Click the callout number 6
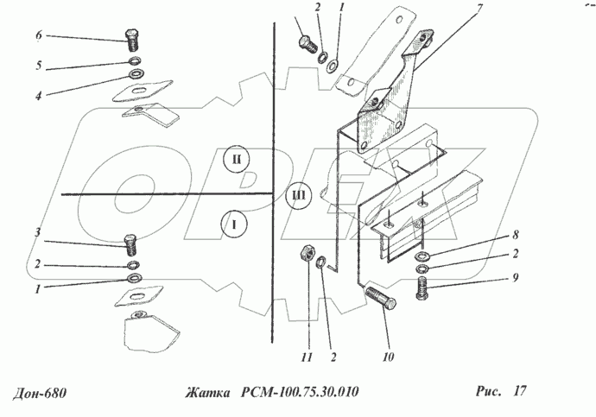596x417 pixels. coord(39,35)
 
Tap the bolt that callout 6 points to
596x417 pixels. coord(131,40)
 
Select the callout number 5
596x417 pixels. coord(38,66)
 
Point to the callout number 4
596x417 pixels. coord(38,95)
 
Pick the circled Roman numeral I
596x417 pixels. coord(234,224)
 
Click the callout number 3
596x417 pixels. coord(38,233)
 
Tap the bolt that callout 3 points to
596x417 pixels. coord(130,245)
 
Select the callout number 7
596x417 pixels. coord(479,9)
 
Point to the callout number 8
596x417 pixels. coord(516,235)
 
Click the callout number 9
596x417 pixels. coord(515,278)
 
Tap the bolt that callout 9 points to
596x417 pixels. coord(422,288)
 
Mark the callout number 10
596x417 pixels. coord(388,357)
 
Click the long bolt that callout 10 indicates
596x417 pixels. coord(381,299)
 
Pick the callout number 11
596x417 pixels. coord(307,357)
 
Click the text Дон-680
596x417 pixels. coord(39,393)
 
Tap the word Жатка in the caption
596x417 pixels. coord(208,392)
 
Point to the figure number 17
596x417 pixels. coord(520,390)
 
